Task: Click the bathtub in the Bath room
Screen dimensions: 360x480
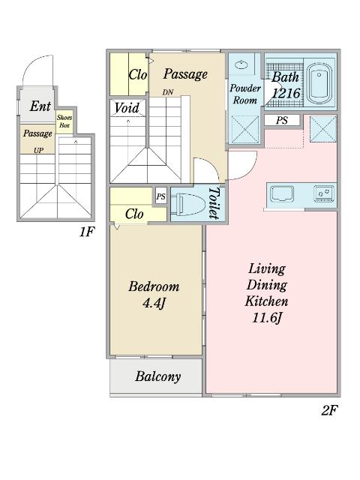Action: coord(320,83)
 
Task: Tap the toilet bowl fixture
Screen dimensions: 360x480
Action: coord(189,203)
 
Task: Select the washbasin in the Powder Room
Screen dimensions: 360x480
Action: coord(242,65)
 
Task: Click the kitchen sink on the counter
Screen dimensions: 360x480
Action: coord(281,194)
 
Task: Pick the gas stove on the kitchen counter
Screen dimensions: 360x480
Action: coord(324,194)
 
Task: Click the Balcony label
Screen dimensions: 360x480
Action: coord(158,376)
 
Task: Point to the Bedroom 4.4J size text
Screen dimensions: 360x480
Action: coord(154,303)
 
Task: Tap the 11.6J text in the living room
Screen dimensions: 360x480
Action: coord(266,318)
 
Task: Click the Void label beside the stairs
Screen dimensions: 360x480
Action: coord(127,108)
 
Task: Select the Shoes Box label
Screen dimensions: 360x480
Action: coord(64,121)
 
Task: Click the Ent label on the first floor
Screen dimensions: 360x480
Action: coord(40,106)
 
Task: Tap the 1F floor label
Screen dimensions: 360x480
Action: coord(86,232)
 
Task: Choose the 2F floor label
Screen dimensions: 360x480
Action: coord(330,410)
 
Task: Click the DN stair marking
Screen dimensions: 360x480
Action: coord(168,92)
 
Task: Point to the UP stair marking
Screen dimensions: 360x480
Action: coord(38,150)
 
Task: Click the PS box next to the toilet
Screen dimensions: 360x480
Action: coord(161,196)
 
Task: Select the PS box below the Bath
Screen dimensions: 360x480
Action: coord(282,120)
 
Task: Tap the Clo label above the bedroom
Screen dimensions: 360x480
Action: coord(134,214)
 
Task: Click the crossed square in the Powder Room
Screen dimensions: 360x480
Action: coord(245,129)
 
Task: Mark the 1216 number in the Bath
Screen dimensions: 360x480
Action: coord(286,93)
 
